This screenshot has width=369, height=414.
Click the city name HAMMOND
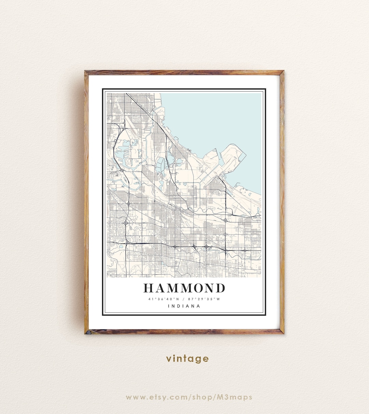184,288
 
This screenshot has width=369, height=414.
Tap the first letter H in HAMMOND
149,288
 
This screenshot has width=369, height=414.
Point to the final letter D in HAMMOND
220,288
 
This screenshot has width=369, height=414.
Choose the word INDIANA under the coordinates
184,306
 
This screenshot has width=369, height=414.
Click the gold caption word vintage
187,359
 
